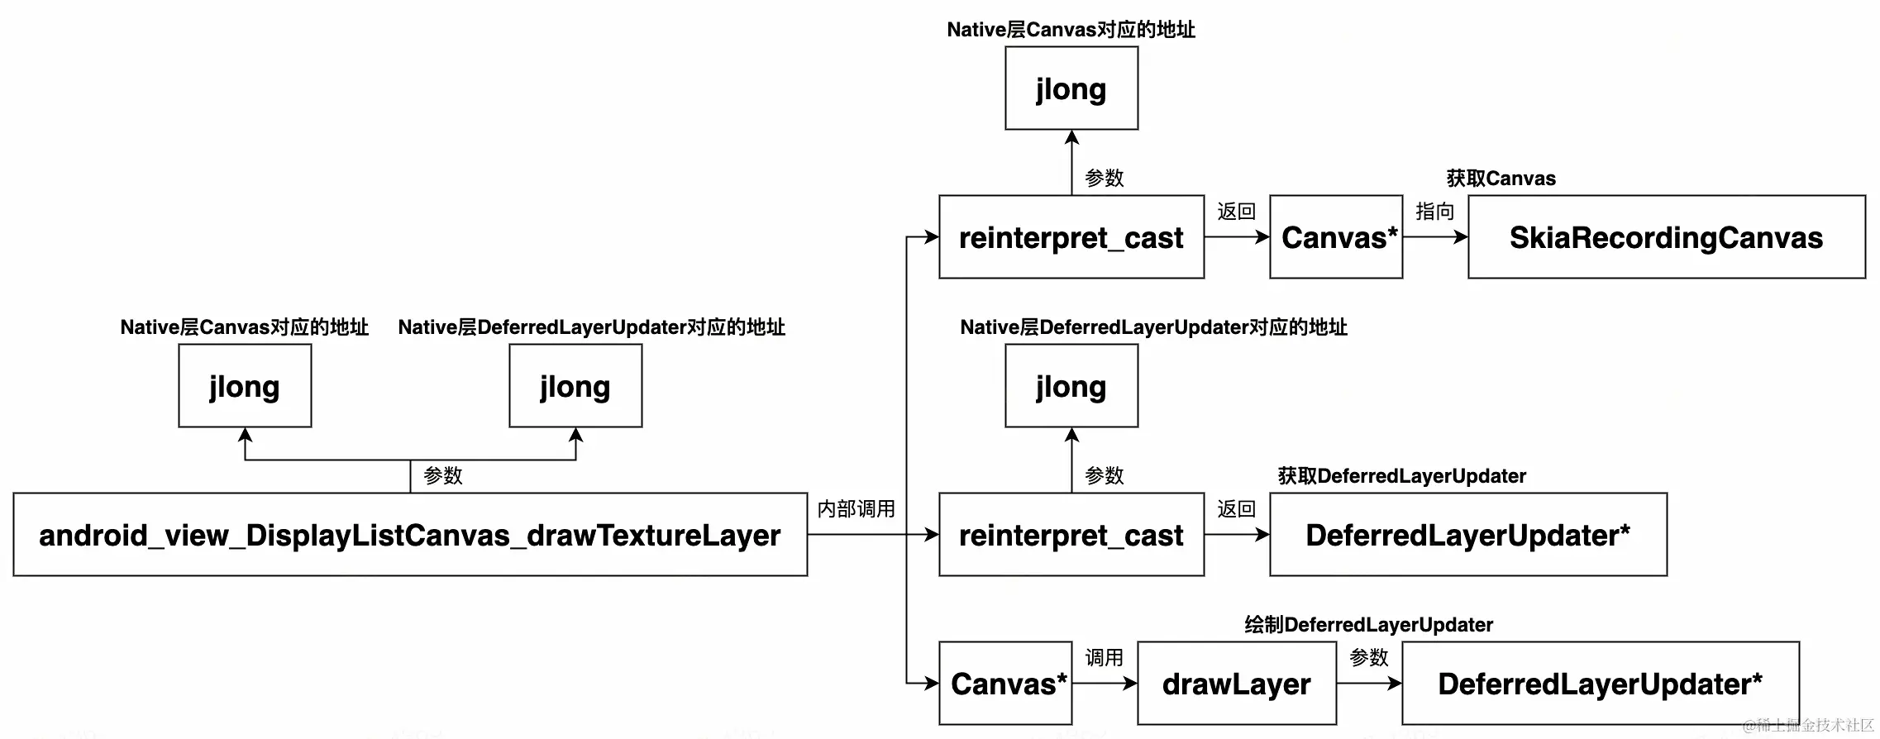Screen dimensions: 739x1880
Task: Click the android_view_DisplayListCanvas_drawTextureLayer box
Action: tap(410, 535)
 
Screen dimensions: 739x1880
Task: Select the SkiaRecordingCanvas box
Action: tap(1666, 237)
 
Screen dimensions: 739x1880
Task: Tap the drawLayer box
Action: tap(1236, 684)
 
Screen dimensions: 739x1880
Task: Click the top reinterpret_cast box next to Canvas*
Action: tap(1071, 237)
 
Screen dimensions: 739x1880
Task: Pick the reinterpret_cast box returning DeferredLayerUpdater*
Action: tap(1071, 535)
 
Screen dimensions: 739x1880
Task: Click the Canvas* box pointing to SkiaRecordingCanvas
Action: tap(1336, 237)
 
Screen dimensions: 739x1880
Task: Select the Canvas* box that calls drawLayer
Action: tap(1005, 684)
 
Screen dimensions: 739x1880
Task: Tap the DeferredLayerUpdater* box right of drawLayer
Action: tap(1600, 684)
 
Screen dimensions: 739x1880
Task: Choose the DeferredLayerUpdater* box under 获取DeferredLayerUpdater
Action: tap(1467, 535)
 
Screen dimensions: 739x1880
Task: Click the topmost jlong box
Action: tap(1071, 88)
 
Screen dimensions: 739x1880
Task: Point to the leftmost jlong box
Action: tap(245, 386)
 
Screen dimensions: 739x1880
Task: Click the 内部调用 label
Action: tap(856, 508)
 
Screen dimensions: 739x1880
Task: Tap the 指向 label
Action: tap(1434, 212)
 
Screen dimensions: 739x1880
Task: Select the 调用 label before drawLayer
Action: tap(1104, 657)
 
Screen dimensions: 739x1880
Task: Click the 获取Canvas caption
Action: tap(1501, 179)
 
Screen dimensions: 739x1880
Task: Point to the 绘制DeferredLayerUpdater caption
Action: tap(1368, 625)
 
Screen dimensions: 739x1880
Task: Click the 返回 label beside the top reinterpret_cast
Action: tap(1236, 212)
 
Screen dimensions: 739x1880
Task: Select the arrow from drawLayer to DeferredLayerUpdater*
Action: tap(1368, 684)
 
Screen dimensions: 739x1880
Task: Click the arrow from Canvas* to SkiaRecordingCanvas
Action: tap(1434, 237)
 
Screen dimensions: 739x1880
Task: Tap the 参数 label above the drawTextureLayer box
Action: tap(442, 475)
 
